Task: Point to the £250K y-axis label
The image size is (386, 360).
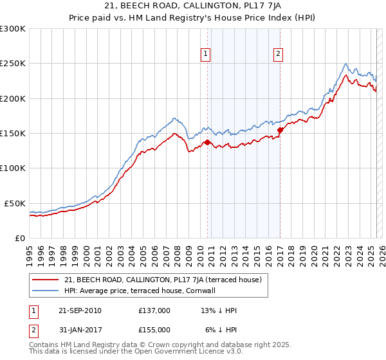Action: pyautogui.click(x=13, y=64)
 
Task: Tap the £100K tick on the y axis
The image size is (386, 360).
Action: pyautogui.click(x=13, y=168)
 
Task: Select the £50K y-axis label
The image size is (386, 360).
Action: pyautogui.click(x=15, y=203)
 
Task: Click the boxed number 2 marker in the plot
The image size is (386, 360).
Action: pyautogui.click(x=279, y=55)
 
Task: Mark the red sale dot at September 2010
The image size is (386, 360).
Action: pyautogui.click(x=208, y=142)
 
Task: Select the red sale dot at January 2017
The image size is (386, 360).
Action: pyautogui.click(x=280, y=130)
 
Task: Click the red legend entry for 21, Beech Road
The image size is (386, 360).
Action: pyautogui.click(x=162, y=280)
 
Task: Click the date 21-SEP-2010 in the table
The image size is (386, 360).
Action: pyautogui.click(x=80, y=310)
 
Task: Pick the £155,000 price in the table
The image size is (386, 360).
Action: pyautogui.click(x=154, y=329)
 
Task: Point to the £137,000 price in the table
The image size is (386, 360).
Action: pyautogui.click(x=154, y=310)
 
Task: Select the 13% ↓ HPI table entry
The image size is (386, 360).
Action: pyautogui.click(x=219, y=310)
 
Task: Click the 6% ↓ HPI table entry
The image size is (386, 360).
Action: pyautogui.click(x=221, y=329)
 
